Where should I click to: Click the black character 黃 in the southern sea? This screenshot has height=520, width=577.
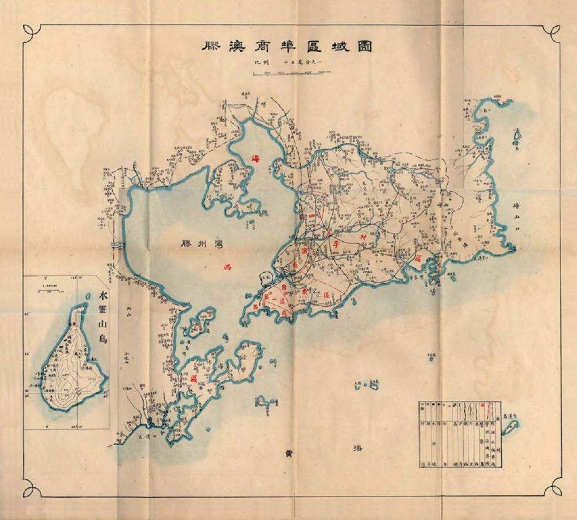(288, 452)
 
